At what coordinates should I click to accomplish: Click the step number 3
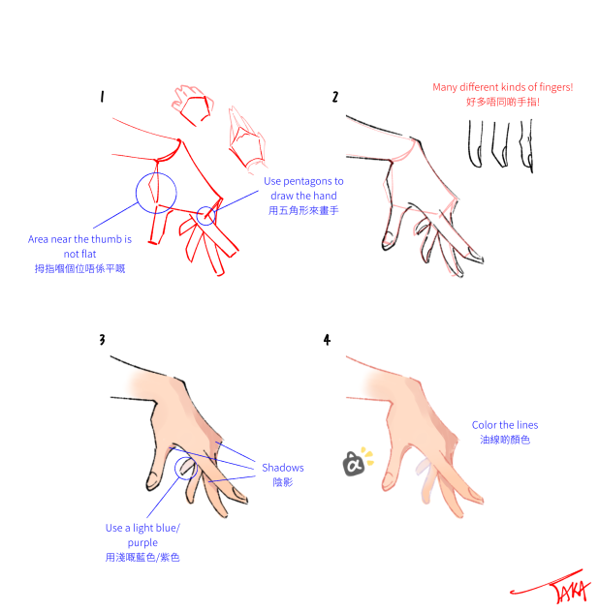[x=102, y=339]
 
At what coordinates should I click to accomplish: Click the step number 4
[x=328, y=339]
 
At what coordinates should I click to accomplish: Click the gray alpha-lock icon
[x=353, y=464]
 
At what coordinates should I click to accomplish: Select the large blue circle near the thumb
[x=156, y=192]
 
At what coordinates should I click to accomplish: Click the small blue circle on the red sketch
[x=205, y=216]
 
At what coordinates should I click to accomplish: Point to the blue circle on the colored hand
[x=186, y=469]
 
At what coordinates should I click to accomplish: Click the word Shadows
[x=282, y=468]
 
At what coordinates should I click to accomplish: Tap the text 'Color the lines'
[x=504, y=425]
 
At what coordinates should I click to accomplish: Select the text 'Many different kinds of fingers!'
[x=502, y=87]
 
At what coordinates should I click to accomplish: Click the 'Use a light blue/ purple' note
[x=142, y=535]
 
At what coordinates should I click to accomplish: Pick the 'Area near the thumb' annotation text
[x=79, y=246]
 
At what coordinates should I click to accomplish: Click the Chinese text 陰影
[x=282, y=482]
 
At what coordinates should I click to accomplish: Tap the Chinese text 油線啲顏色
[x=504, y=440]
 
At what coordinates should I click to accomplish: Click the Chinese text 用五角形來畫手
[x=302, y=210]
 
